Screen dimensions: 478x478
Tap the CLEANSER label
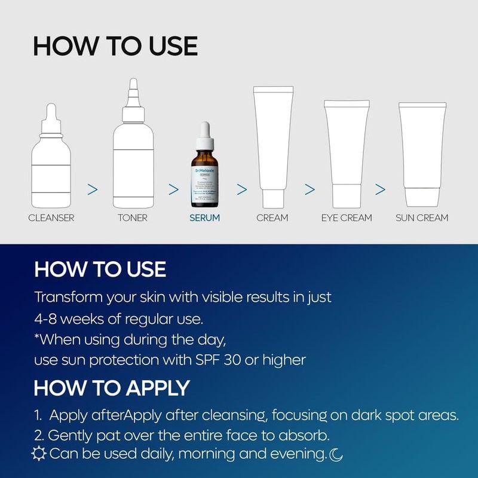point(51,217)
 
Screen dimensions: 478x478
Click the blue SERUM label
point(205,217)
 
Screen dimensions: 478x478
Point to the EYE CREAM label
point(346,217)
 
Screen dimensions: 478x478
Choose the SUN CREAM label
point(422,217)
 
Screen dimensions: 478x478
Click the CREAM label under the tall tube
point(272,217)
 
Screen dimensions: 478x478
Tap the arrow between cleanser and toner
point(92,189)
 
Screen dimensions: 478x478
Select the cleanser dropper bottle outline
point(51,161)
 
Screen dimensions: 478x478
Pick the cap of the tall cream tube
point(272,196)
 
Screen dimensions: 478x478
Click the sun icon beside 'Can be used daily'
point(39,454)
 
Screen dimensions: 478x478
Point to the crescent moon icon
point(336,455)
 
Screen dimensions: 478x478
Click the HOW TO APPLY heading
point(112,388)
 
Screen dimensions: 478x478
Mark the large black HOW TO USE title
point(115,46)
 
